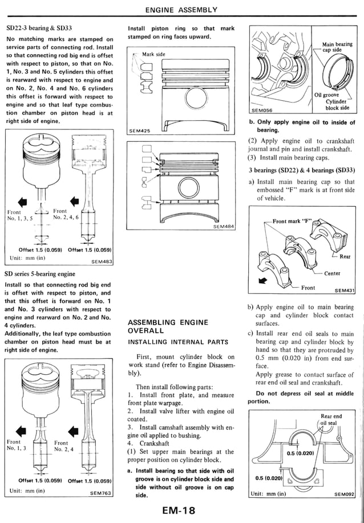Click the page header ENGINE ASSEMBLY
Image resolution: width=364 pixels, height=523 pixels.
181,10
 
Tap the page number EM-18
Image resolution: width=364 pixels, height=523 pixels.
181,511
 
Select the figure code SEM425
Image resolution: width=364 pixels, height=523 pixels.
139,130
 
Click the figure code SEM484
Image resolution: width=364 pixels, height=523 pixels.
223,227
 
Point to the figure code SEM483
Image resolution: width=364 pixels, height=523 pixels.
102,262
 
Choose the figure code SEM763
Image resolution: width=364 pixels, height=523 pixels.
101,493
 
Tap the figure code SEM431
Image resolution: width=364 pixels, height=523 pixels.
345,290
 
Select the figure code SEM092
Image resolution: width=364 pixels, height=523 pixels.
344,494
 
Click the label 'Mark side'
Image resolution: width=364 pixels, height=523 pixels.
153,54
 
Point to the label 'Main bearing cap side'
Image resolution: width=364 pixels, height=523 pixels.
336,47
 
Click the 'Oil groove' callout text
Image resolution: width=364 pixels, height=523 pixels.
327,95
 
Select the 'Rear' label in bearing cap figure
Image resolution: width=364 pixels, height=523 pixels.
345,256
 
